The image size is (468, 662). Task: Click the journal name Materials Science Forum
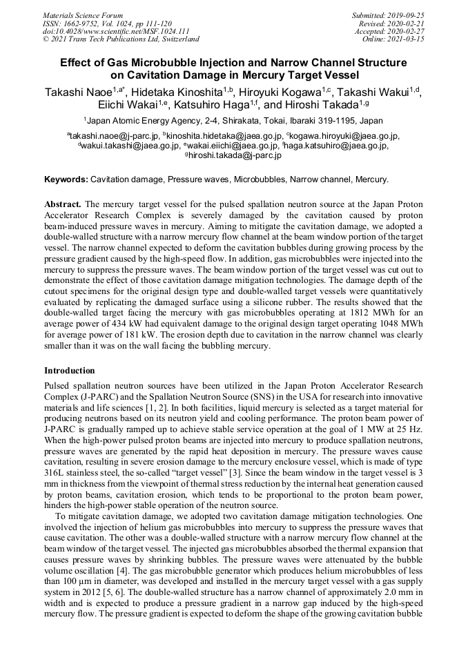pos(83,15)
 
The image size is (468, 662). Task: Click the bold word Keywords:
pos(66,179)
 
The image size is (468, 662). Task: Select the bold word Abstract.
pos(63,205)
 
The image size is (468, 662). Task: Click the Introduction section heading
pos(70,371)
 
